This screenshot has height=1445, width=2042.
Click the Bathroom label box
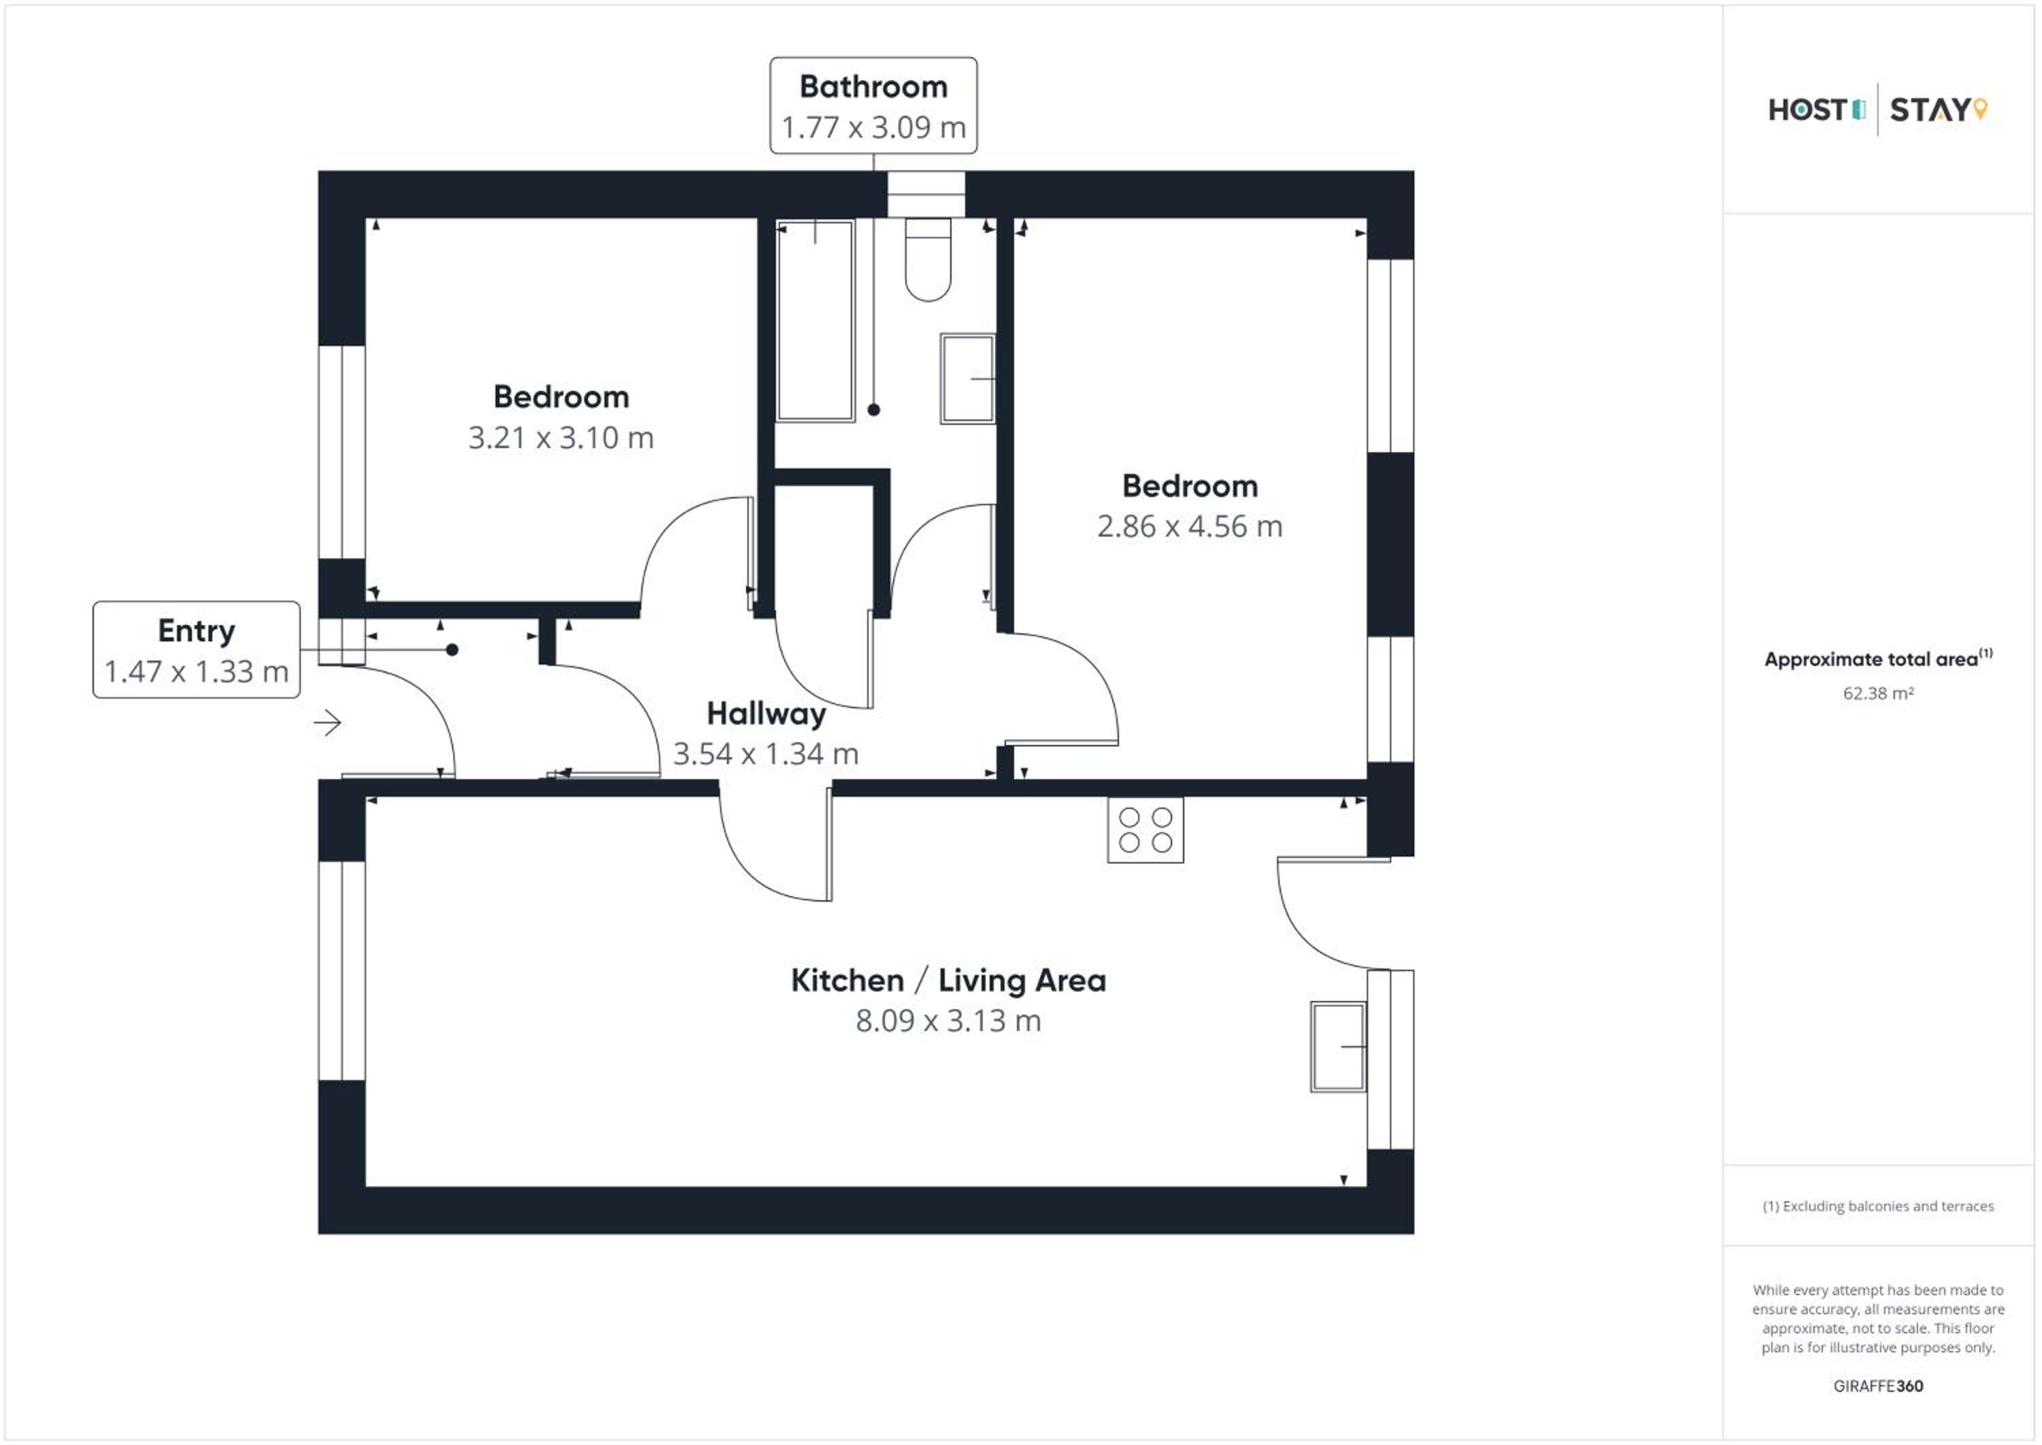point(873,106)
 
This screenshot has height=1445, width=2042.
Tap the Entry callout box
point(197,650)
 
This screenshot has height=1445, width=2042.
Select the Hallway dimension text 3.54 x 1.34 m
point(766,755)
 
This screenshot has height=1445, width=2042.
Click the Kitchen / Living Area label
point(949,981)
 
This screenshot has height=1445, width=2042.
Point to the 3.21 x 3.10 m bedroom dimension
point(561,438)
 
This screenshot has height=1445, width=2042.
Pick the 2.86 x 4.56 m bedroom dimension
point(1190,527)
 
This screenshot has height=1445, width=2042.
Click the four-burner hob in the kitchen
point(1146,830)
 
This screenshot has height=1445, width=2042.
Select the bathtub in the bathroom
point(815,320)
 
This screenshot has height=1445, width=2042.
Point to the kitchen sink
point(1338,1047)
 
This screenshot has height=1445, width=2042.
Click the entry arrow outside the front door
point(327,723)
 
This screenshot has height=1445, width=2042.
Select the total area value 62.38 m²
point(1879,694)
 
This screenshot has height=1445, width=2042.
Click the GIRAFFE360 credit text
point(1879,1386)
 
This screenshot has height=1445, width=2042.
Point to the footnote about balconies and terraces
point(1879,1207)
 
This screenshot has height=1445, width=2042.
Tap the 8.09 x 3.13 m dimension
point(948,1021)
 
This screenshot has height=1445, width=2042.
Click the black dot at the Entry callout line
point(452,650)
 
